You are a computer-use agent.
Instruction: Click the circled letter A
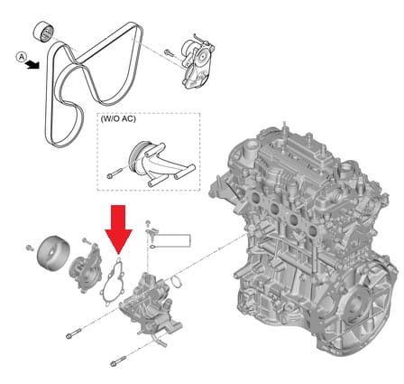click(x=22, y=57)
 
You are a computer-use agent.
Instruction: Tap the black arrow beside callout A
click(x=32, y=64)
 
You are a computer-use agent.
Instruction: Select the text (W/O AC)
click(x=118, y=118)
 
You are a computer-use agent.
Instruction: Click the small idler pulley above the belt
click(x=43, y=33)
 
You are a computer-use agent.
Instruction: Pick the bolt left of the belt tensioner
click(x=169, y=53)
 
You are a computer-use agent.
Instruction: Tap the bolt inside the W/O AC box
click(x=115, y=173)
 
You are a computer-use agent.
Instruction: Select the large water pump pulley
click(x=53, y=253)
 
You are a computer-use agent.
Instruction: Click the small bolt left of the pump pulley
click(x=30, y=248)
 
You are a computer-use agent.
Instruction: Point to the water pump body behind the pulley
click(x=85, y=269)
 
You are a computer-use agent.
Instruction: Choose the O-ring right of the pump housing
click(x=177, y=281)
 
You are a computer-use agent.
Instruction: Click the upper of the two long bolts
click(x=74, y=332)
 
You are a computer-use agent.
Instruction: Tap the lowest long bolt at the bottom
click(x=118, y=361)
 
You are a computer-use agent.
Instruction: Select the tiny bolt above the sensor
click(x=148, y=223)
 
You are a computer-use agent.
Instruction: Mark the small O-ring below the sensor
click(x=152, y=247)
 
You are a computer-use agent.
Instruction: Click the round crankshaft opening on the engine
click(x=354, y=304)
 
